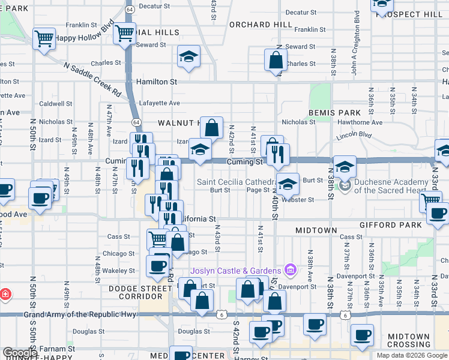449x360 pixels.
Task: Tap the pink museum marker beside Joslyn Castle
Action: [290, 269]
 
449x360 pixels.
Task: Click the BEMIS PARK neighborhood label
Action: [334, 113]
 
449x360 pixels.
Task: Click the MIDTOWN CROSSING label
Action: [408, 340]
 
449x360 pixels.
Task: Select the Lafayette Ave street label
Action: [160, 103]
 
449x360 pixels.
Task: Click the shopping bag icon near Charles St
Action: [275, 60]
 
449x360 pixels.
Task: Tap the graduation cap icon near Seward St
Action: [188, 58]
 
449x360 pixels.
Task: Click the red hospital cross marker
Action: [4, 294]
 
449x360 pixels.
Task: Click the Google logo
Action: [19, 353]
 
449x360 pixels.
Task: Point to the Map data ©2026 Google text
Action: [412, 355]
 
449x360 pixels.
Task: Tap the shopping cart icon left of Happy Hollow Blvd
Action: [44, 39]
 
